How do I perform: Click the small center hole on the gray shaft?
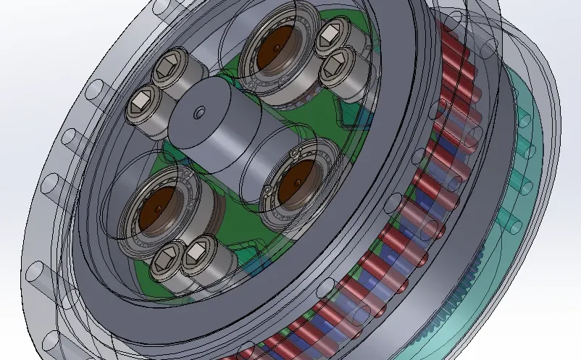point(198,112)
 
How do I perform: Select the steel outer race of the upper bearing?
point(254,72)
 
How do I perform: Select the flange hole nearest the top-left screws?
point(96,89)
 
